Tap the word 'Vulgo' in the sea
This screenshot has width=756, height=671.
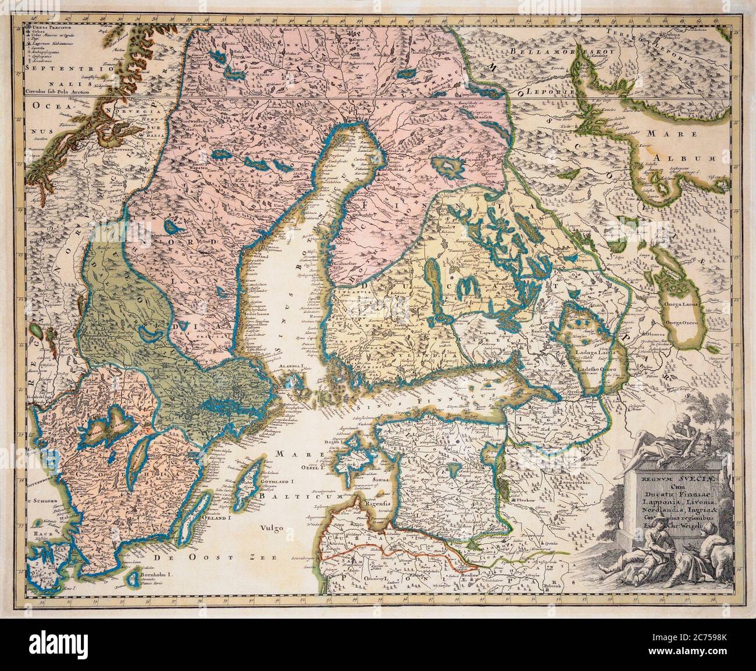coord(270,528)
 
